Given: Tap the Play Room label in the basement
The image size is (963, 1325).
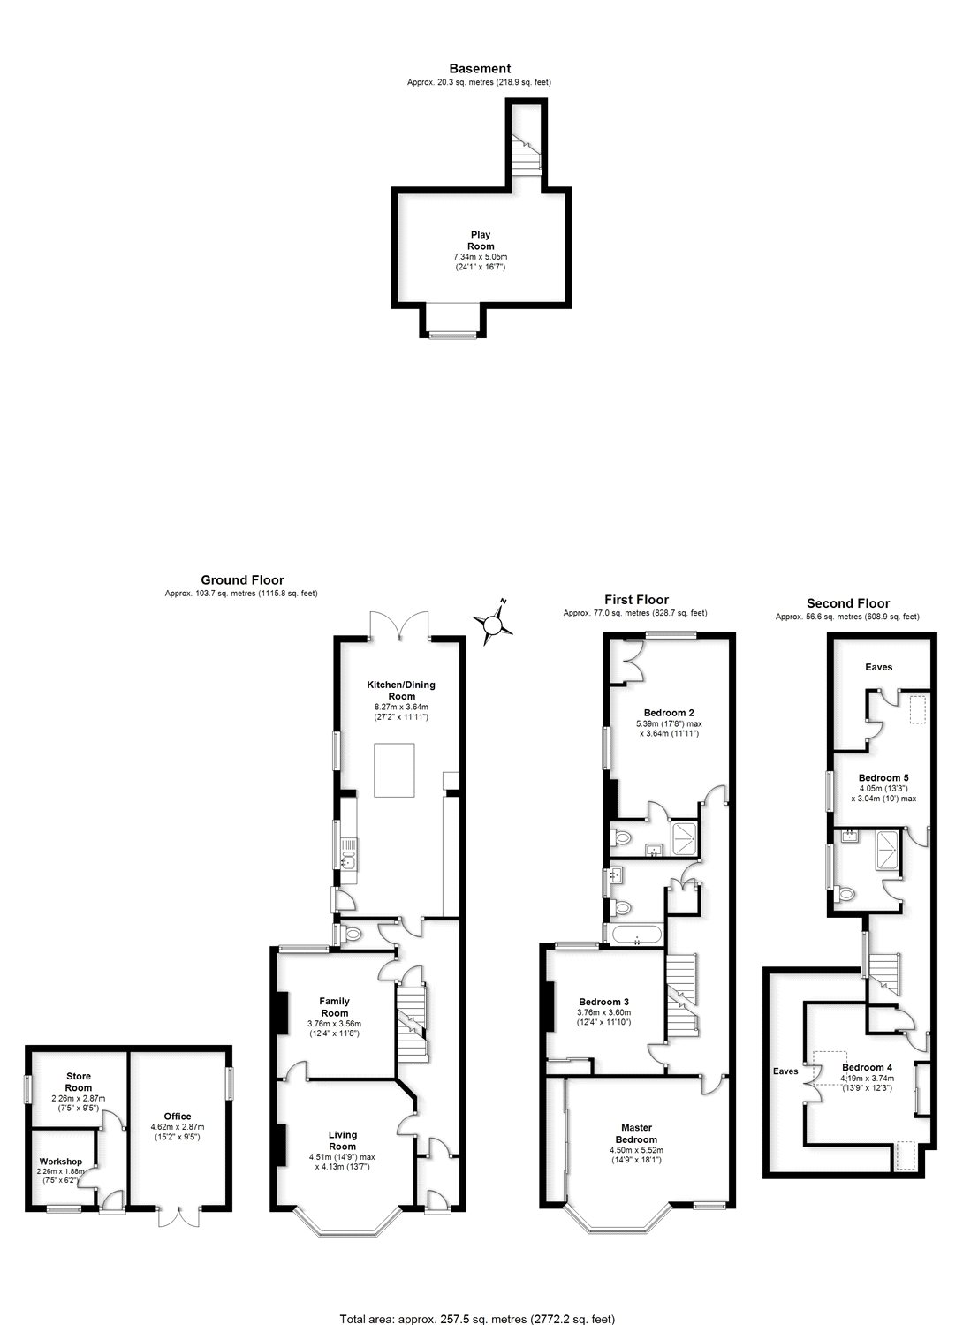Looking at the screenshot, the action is point(481,240).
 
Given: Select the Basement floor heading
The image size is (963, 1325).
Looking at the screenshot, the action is point(480,69).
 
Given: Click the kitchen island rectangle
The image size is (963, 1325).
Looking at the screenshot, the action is point(394,770).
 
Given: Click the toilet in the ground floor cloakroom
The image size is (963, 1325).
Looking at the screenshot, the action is point(352,935).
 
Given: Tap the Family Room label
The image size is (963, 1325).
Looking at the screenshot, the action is point(334,1007).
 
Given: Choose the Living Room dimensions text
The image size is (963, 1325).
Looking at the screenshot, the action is point(342,1162).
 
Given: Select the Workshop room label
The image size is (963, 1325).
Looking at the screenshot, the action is point(61,1162).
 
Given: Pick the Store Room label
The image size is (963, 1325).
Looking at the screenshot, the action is point(79,1081).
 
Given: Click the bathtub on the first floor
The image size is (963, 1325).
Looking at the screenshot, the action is point(636,935).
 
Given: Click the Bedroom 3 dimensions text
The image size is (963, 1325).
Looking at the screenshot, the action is point(603,1017).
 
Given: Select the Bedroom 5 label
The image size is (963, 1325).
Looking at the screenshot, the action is point(883,778).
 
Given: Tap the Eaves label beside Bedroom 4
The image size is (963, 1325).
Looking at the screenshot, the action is point(785,1071).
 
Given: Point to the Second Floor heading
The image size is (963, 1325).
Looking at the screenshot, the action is point(848,603).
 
